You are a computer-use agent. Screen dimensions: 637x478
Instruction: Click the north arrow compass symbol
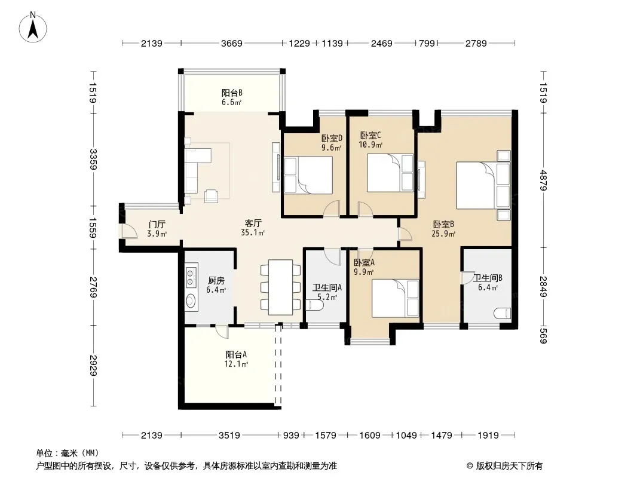pos(33,27)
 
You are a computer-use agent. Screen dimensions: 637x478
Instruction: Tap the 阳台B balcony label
pos(232,93)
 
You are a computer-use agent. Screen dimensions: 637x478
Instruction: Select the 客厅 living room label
pos(253,223)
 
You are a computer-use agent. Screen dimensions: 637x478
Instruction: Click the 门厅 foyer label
pos(157,225)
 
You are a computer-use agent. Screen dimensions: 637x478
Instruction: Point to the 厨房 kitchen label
pos(216,281)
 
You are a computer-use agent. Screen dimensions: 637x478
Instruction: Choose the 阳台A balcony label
pos(236,355)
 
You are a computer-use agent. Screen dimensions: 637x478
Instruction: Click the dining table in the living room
pos(280,287)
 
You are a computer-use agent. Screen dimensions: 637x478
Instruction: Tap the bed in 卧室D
pos(308,174)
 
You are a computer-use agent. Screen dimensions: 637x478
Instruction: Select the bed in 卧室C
pos(390,173)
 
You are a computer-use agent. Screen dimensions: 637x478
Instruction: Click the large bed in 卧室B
pos(483,185)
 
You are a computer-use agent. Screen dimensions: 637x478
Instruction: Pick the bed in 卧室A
pos(395,299)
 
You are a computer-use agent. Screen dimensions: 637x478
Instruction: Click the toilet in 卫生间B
pos(502,314)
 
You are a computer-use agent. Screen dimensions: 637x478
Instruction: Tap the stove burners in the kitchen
pos(191,276)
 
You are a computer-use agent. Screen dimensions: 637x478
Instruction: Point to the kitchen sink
pos(191,301)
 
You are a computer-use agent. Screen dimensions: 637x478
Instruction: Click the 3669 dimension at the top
pos(232,43)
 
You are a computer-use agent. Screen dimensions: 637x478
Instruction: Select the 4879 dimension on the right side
pos(544,180)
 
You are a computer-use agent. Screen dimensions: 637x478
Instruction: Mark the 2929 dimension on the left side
pos(93,366)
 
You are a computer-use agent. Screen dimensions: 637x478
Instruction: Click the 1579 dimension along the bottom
pos(326,436)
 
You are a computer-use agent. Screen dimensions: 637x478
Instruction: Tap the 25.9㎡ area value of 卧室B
pos(443,234)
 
